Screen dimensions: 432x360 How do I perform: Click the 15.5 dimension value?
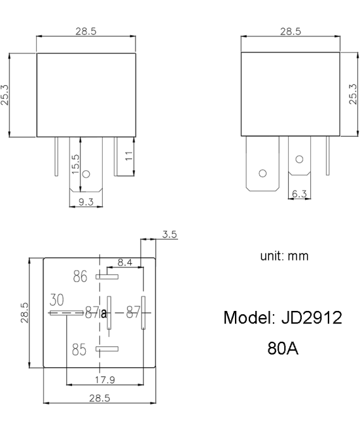click(x=75, y=162)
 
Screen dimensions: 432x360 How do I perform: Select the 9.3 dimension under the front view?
click(x=86, y=203)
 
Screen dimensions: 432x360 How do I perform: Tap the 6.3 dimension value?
click(x=300, y=194)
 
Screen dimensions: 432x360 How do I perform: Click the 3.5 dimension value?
click(x=170, y=234)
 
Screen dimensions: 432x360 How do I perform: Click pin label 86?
click(x=80, y=277)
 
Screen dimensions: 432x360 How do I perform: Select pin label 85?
click(x=79, y=350)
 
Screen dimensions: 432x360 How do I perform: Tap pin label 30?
click(x=57, y=300)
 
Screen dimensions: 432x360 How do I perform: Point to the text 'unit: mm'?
click(x=284, y=256)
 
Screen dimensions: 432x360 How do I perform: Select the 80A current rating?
click(x=283, y=348)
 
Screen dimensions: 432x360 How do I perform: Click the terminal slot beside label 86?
click(x=107, y=277)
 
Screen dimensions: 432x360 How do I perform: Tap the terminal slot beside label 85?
click(x=107, y=349)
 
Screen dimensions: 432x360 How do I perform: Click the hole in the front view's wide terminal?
click(x=92, y=175)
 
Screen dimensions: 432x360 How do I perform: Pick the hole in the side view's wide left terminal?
click(x=263, y=173)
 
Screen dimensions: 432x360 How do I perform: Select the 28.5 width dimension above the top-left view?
click(x=86, y=31)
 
